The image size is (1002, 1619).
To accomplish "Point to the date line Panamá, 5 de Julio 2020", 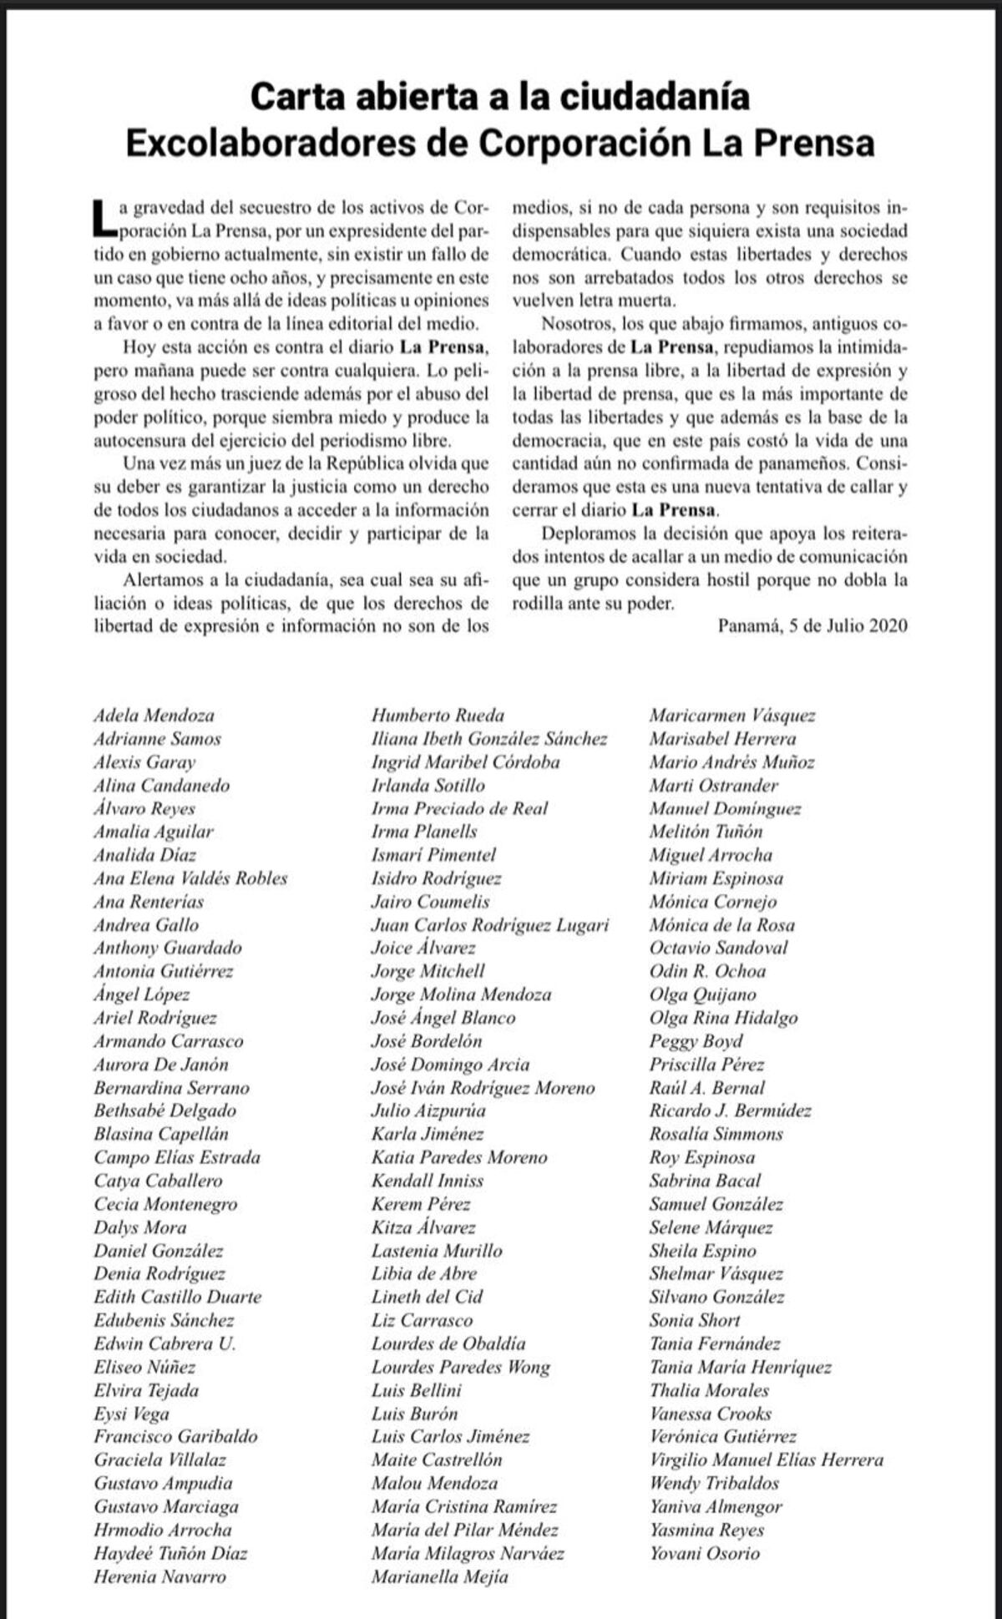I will click(812, 625).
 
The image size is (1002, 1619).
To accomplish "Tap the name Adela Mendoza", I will click(154, 716).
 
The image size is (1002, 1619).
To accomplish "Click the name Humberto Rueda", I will click(438, 716).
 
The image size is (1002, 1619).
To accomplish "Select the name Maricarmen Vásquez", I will click(732, 716).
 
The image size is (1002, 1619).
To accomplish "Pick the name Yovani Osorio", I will click(705, 1554).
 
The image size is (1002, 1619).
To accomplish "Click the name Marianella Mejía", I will click(439, 1577).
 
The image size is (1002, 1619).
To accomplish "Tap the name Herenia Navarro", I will click(159, 1577).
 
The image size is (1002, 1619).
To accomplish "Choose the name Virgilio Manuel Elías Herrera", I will click(766, 1460).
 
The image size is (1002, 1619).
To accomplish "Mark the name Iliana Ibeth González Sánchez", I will click(489, 739).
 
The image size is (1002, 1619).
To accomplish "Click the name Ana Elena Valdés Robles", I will click(190, 878).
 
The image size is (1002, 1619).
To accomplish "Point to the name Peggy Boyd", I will click(696, 1041).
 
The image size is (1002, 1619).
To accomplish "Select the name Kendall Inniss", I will click(428, 1181).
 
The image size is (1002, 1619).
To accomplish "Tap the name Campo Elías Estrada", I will click(177, 1157).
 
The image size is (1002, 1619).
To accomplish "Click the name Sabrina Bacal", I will click(705, 1181).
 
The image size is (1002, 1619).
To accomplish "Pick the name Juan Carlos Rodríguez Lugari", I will click(490, 925).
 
